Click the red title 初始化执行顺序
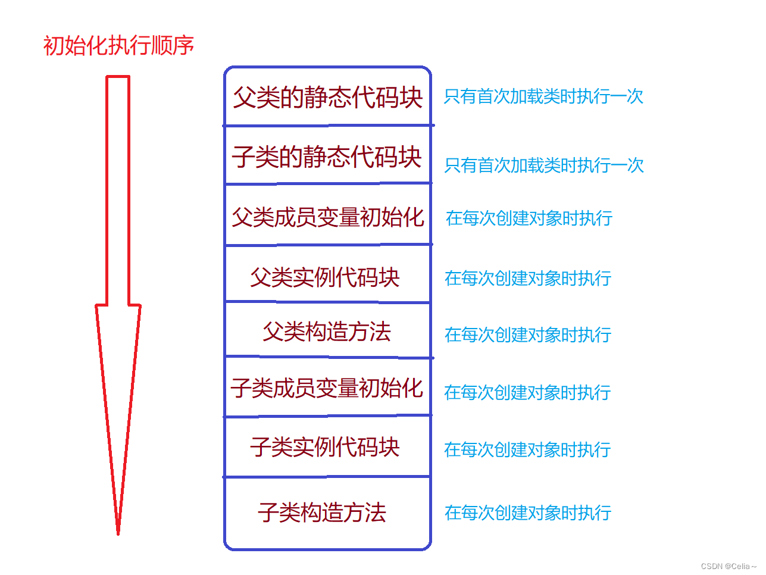tap(118, 46)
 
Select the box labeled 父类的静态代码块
tap(327, 97)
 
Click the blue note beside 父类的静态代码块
tap(543, 96)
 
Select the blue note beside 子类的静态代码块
tap(544, 165)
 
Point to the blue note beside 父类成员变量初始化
tap(529, 218)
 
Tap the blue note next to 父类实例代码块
tap(528, 278)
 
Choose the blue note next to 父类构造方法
tap(528, 335)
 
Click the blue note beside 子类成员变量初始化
tap(527, 392)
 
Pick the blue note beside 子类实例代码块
tap(527, 449)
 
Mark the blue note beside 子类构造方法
tap(528, 512)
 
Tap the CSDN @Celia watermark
tap(728, 566)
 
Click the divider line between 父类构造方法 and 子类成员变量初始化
tap(327, 357)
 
